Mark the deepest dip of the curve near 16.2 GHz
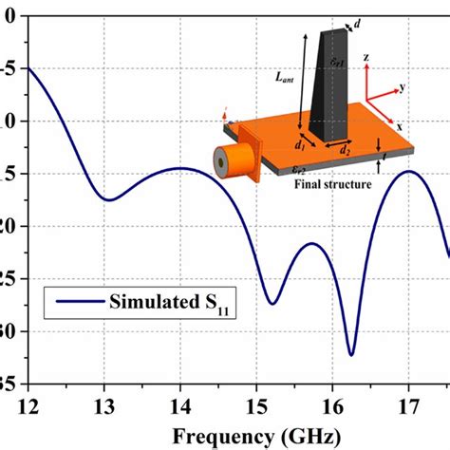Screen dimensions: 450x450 click(351, 354)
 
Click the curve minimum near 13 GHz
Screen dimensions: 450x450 click(108, 199)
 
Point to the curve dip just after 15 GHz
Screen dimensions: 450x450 click(272, 304)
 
